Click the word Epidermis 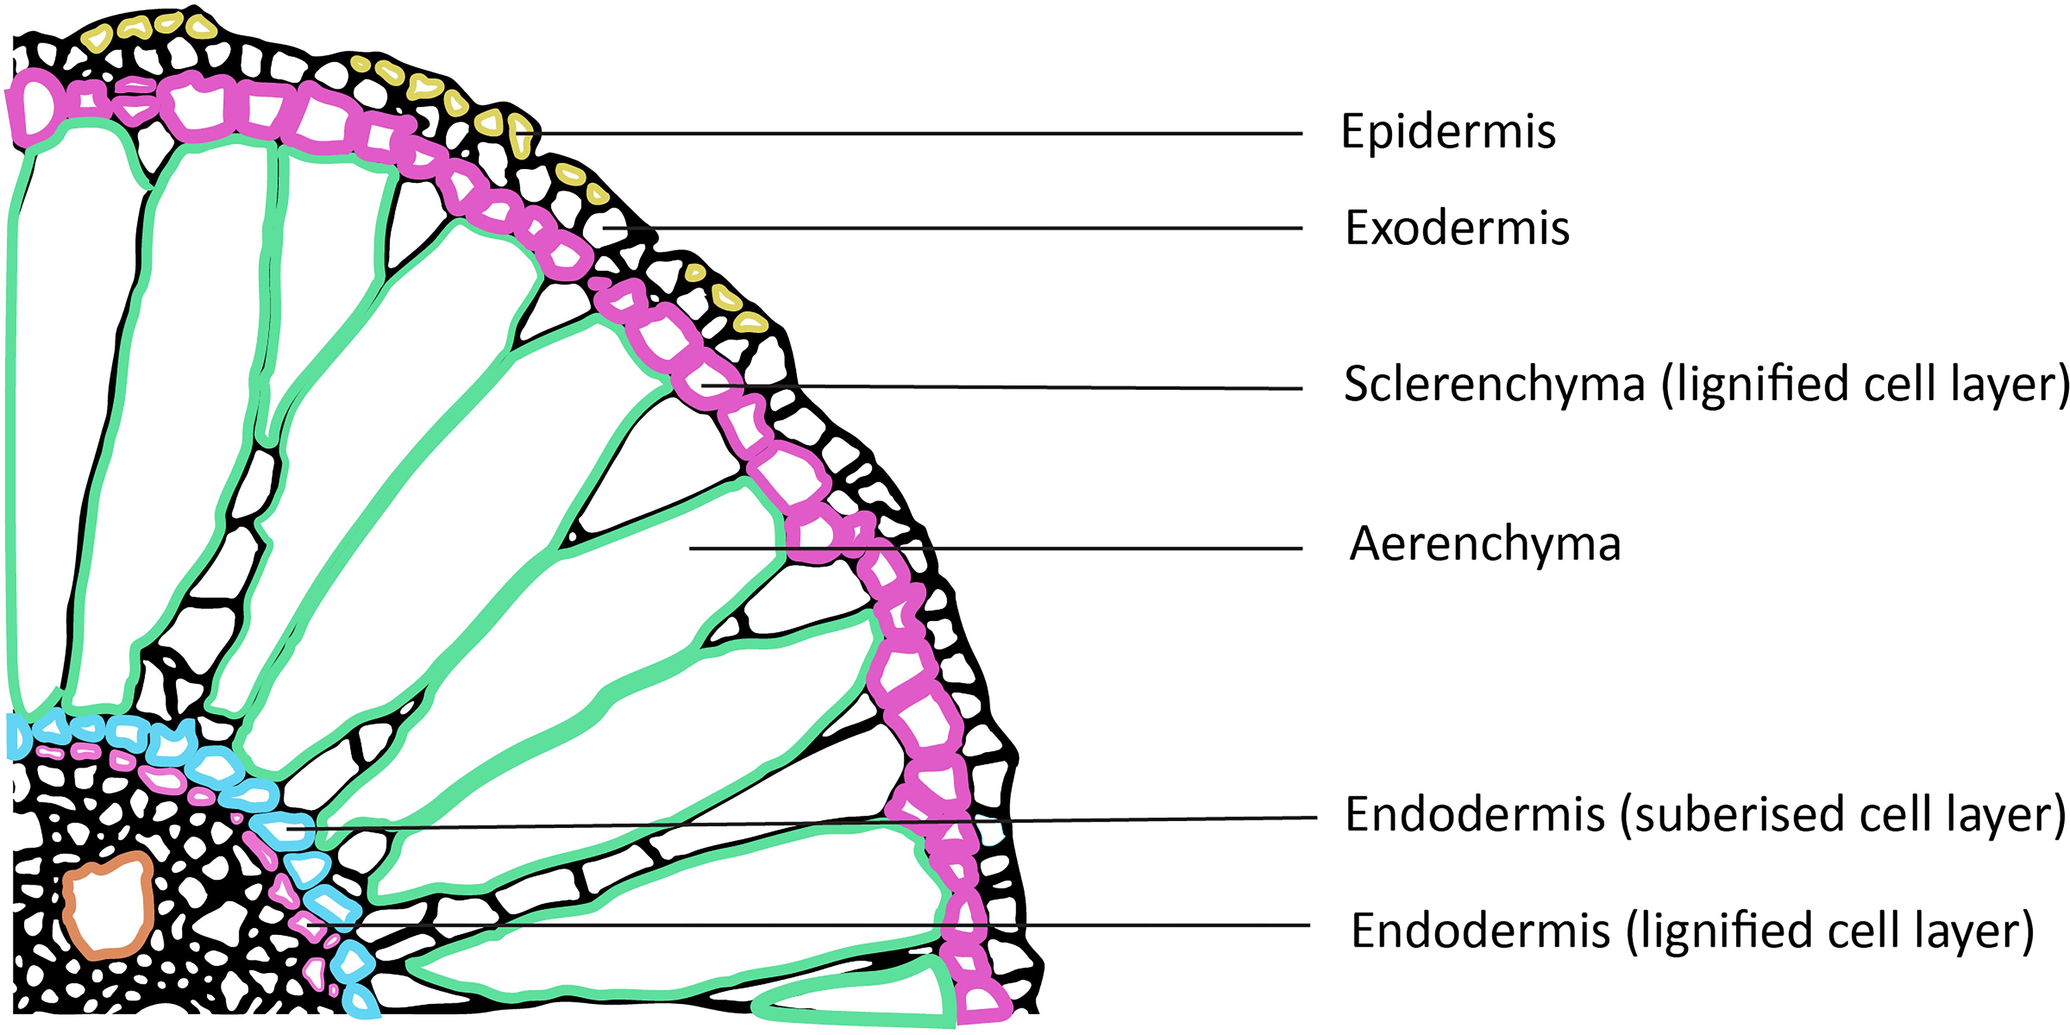1448,132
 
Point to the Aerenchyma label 1485,544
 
